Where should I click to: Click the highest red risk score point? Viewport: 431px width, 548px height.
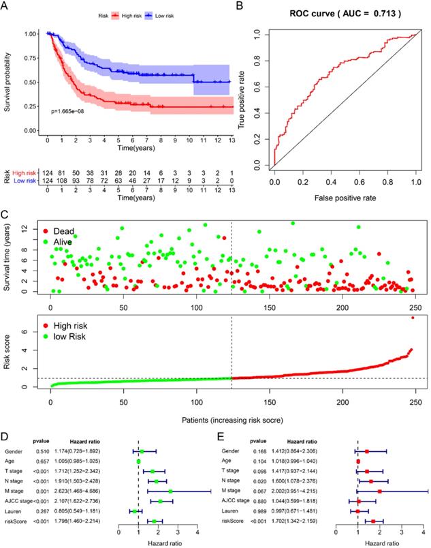(x=413, y=318)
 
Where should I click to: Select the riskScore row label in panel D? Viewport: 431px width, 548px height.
(x=16, y=521)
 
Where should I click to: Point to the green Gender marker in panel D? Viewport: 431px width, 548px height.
(x=142, y=451)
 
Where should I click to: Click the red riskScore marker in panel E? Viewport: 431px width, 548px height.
(x=372, y=521)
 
